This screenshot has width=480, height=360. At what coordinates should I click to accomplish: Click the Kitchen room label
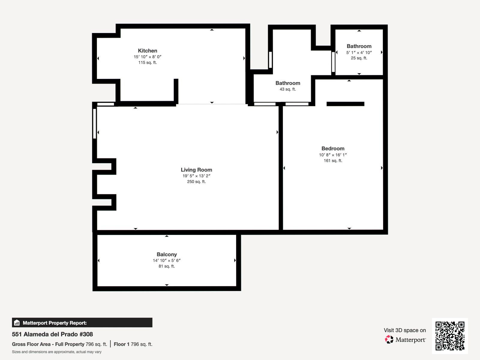(147, 51)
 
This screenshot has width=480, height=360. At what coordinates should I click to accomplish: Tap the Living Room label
(196, 170)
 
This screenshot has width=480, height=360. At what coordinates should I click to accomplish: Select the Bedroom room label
(333, 148)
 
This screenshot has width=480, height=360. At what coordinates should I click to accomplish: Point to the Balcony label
(166, 254)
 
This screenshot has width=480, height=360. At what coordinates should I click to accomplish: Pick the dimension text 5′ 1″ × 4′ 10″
(359, 52)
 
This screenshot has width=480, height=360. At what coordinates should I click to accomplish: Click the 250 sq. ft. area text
(196, 181)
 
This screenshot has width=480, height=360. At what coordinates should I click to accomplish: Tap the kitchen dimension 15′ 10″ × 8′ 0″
(147, 57)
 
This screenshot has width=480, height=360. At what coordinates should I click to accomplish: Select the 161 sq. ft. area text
(333, 161)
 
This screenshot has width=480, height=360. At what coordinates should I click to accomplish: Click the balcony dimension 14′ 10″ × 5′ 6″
(166, 260)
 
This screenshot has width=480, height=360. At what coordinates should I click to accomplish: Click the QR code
(450, 336)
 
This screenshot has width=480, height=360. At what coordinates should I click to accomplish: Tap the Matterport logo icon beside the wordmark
(389, 340)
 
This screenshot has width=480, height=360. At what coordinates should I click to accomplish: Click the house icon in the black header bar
(17, 322)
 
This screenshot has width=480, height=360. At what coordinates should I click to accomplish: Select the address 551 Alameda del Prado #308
(52, 334)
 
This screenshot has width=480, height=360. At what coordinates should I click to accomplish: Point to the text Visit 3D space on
(405, 330)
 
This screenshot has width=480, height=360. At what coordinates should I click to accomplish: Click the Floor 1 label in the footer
(121, 344)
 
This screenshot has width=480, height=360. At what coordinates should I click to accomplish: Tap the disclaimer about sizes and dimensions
(57, 352)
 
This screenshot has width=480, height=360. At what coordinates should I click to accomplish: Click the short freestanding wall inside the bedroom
(345, 104)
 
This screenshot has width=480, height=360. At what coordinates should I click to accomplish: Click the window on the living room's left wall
(94, 124)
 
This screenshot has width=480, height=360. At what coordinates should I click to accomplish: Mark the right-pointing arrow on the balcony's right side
(235, 260)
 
